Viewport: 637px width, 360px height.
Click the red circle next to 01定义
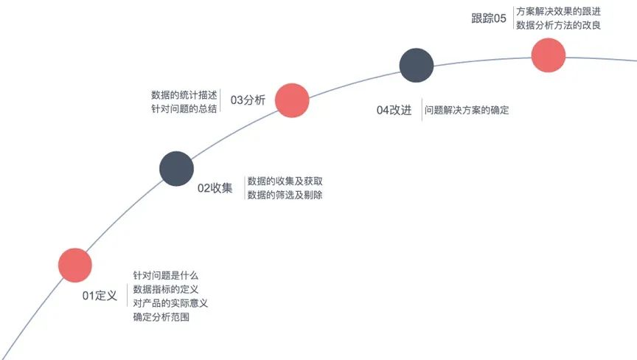(75, 266)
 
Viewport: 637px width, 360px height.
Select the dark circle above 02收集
(177, 168)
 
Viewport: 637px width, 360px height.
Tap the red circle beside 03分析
(292, 100)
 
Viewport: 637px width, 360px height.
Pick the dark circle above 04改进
(417, 65)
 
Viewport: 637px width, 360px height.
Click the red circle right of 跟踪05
(549, 55)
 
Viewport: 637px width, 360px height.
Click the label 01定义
(100, 296)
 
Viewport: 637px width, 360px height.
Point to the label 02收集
(215, 188)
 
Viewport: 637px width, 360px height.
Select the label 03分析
(248, 100)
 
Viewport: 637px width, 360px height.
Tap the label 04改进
(394, 111)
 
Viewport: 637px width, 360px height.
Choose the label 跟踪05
(489, 18)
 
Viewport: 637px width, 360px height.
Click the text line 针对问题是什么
(166, 275)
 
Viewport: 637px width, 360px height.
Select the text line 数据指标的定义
(166, 289)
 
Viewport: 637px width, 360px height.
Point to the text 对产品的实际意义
(171, 303)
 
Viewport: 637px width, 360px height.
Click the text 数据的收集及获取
(285, 181)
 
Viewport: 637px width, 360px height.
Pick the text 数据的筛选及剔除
(285, 195)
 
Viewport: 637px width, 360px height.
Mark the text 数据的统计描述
(184, 95)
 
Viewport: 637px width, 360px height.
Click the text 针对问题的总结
(184, 109)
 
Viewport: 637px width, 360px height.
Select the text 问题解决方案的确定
(467, 111)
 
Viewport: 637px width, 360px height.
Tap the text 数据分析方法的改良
(558, 25)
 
